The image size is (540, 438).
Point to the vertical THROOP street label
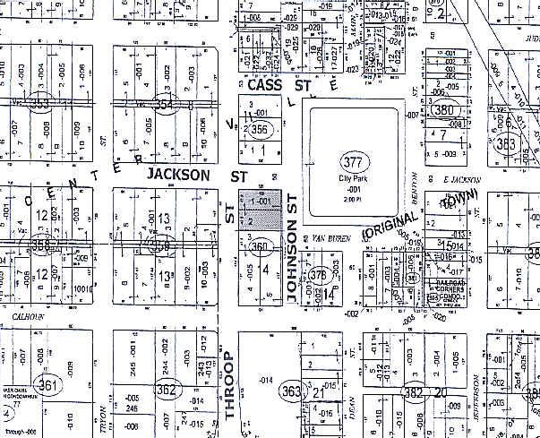[227, 386]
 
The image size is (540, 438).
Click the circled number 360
[260, 247]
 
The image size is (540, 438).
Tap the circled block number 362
[167, 389]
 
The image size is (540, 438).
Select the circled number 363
[291, 391]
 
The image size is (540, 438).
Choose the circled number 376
[320, 275]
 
